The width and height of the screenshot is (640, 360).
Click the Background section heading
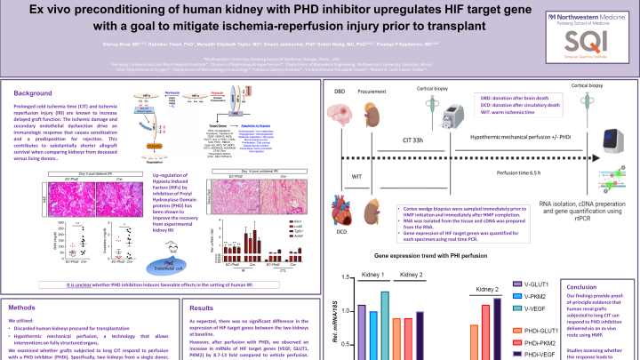tap(33, 93)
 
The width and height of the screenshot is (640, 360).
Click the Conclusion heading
tap(583, 287)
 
